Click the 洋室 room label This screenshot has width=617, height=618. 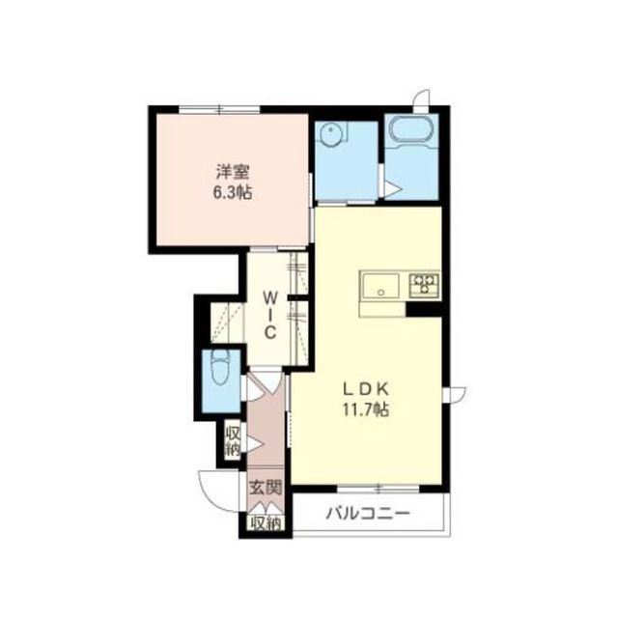tap(233, 172)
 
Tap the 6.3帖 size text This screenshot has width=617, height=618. tap(233, 193)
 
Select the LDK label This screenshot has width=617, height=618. tap(366, 389)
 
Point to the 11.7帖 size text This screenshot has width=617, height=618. tap(366, 409)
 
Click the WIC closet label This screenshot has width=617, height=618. tap(269, 315)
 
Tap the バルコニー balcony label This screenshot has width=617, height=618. tap(368, 514)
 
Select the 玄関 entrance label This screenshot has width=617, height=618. tap(266, 488)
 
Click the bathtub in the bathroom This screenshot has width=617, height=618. tap(411, 131)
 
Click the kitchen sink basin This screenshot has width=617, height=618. tap(381, 286)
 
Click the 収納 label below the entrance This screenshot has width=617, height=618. tap(266, 523)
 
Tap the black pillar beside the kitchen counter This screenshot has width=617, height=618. tap(423, 309)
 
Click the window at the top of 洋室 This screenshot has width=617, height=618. tap(219, 110)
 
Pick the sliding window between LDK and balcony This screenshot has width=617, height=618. tap(379, 490)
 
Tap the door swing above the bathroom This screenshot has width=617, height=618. tap(420, 97)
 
